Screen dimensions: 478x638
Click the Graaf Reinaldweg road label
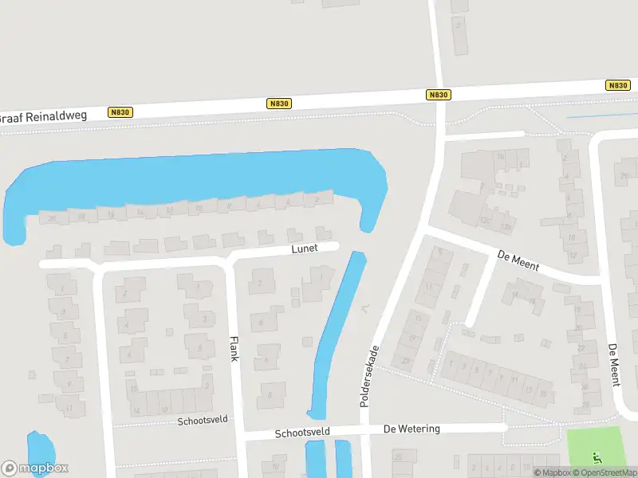pos(42,117)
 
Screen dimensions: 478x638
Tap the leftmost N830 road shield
pos(120,112)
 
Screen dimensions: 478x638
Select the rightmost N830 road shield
pos(617,85)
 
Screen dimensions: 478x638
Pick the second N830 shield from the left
pos(279,104)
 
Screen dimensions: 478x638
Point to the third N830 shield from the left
pos(439,95)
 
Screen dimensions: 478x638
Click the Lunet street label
pos(305,249)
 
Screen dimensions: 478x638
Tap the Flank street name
pos(234,347)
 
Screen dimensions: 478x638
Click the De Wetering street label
pos(412,429)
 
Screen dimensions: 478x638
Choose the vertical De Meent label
pos(613,365)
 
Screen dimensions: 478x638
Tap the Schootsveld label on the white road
pos(302,433)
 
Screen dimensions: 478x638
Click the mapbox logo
pos(35,468)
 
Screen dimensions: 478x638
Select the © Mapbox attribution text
pos(552,472)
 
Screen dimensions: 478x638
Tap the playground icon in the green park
pos(598,458)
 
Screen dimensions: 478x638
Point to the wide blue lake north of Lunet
pos(191,179)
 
